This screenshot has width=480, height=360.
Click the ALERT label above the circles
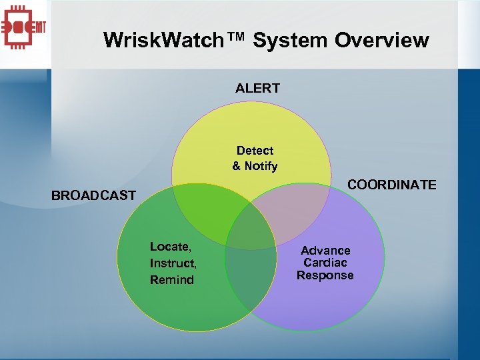coord(257,88)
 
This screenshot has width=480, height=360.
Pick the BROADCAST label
coord(93,196)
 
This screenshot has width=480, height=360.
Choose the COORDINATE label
coord(392,185)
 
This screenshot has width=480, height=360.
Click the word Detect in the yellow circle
coord(255,151)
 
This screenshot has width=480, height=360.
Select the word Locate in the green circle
coord(171,247)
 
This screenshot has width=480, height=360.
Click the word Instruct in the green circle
coord(173,263)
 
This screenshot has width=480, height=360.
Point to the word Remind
coord(171,280)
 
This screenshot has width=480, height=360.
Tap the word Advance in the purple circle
coord(325,251)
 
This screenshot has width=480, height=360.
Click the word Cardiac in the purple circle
coord(325,263)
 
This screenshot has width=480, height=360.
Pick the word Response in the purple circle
coord(325,275)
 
